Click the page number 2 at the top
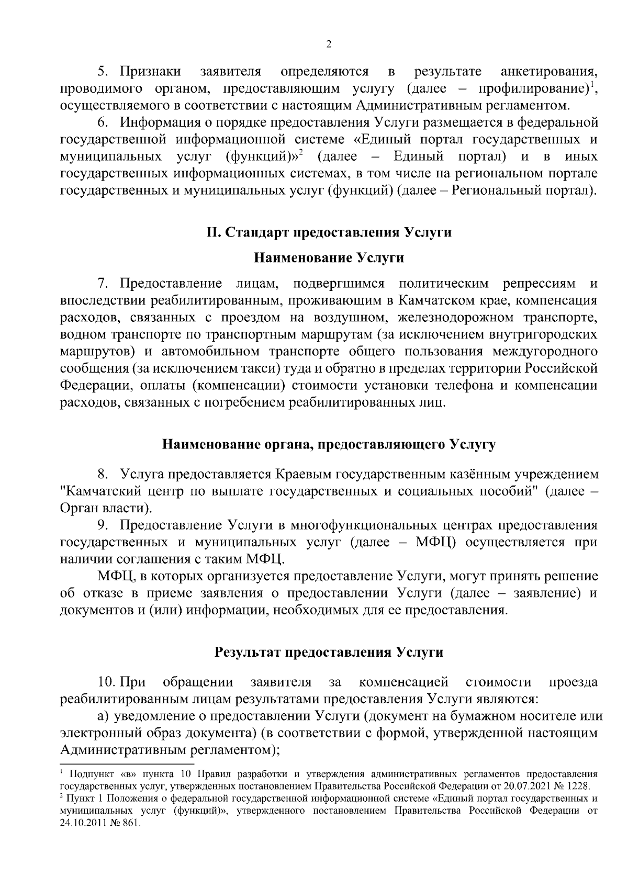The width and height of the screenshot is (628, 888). coord(329,44)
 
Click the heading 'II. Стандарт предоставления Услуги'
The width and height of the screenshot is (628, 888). coord(329,232)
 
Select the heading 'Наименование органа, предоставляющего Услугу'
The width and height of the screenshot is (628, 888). coord(329,445)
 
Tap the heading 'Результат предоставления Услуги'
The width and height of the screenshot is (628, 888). coord(329,652)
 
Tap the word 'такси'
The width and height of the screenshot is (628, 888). coord(259,368)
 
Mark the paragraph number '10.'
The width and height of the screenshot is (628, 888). coord(106,682)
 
